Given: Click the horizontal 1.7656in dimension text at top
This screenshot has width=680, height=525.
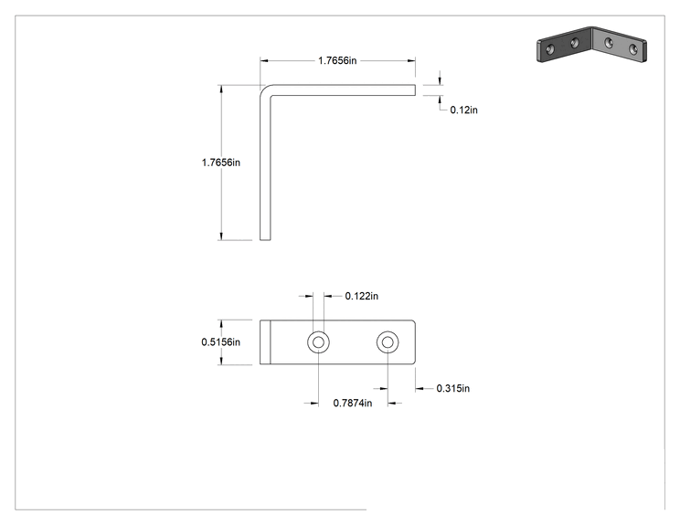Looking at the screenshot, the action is click(337, 60).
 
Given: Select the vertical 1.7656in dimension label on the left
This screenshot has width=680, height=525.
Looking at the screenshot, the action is click(221, 163).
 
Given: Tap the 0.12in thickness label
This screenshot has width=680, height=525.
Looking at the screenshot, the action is click(463, 110).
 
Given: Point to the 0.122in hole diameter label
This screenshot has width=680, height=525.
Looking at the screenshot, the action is click(362, 296).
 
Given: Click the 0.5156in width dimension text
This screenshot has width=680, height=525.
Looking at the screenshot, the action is click(221, 342).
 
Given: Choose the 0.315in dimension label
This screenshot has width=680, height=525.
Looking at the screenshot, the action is click(453, 388).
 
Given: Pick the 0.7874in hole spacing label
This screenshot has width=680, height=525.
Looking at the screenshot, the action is click(353, 403).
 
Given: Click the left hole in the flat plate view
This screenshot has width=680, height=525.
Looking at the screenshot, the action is click(318, 342).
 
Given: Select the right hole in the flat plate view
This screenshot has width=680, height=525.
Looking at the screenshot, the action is click(388, 342).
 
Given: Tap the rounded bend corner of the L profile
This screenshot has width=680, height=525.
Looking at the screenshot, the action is click(263, 89).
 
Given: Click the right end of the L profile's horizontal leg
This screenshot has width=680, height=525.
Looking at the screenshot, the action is click(415, 89).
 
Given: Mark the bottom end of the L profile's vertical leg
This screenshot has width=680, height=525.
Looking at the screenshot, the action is click(265, 238).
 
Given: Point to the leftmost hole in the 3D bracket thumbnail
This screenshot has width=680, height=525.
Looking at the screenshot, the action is click(550, 49).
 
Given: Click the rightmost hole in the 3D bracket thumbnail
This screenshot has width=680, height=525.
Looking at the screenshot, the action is click(633, 49).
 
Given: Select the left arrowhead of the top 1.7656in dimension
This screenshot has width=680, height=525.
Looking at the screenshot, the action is click(263, 60).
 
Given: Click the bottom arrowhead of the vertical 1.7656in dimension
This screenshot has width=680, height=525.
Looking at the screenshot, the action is click(221, 236).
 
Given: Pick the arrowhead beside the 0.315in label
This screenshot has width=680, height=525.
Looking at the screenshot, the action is click(419, 389).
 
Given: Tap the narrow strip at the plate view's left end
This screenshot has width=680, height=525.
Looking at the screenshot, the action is click(265, 342).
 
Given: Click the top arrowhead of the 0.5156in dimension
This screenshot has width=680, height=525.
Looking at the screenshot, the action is click(221, 324).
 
